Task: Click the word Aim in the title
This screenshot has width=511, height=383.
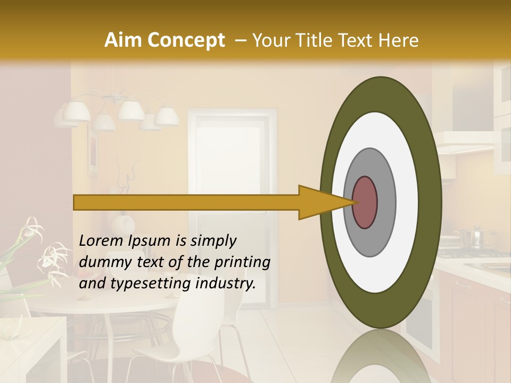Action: [123, 40]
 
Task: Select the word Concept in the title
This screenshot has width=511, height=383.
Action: [185, 40]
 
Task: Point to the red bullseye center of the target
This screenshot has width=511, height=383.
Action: [365, 202]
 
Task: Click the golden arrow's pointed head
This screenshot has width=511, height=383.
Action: [325, 202]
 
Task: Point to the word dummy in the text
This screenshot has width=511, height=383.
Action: [102, 263]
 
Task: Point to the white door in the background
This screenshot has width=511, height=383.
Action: [229, 160]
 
